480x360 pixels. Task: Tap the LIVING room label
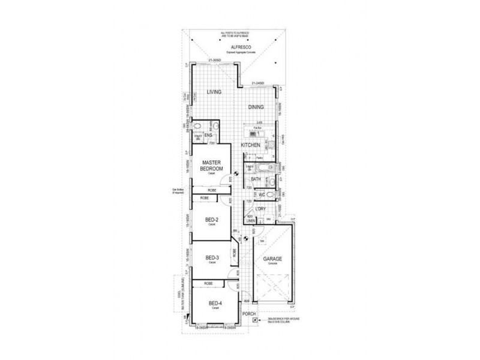pyautogui.click(x=214, y=92)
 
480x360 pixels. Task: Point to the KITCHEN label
pyautogui.click(x=250, y=146)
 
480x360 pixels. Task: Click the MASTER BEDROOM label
pyautogui.click(x=212, y=166)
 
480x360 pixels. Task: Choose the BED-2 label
pyautogui.click(x=211, y=220)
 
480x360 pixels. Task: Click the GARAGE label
pyautogui.click(x=272, y=259)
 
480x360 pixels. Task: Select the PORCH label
pyautogui.click(x=249, y=314)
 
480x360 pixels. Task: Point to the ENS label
pyautogui.click(x=209, y=136)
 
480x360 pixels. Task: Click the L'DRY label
pyautogui.click(x=260, y=208)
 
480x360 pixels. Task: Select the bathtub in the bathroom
pyautogui.click(x=265, y=167)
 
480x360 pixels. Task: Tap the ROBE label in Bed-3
pyautogui.click(x=234, y=253)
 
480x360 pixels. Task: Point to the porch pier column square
pyautogui.click(x=255, y=320)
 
